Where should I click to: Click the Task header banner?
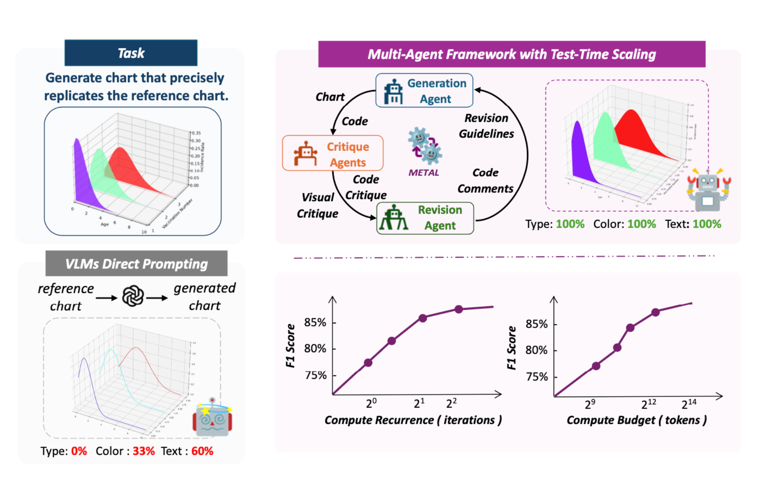click(131, 53)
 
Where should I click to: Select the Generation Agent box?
click(424, 91)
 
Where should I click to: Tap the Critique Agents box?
click(332, 154)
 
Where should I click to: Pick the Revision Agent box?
click(425, 218)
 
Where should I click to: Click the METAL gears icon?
click(425, 145)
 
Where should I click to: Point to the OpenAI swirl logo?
click(133, 296)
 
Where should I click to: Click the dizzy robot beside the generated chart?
click(213, 418)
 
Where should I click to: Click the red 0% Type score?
click(79, 451)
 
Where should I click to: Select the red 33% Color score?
click(144, 451)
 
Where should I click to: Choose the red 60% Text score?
click(202, 451)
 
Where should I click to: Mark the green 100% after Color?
click(641, 225)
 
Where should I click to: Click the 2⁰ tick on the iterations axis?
click(371, 403)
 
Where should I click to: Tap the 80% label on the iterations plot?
click(315, 348)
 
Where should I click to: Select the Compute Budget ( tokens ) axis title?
click(637, 420)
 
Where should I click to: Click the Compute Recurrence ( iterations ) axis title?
click(413, 420)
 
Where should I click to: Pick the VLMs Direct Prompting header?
click(136, 264)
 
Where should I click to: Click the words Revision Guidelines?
click(486, 126)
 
